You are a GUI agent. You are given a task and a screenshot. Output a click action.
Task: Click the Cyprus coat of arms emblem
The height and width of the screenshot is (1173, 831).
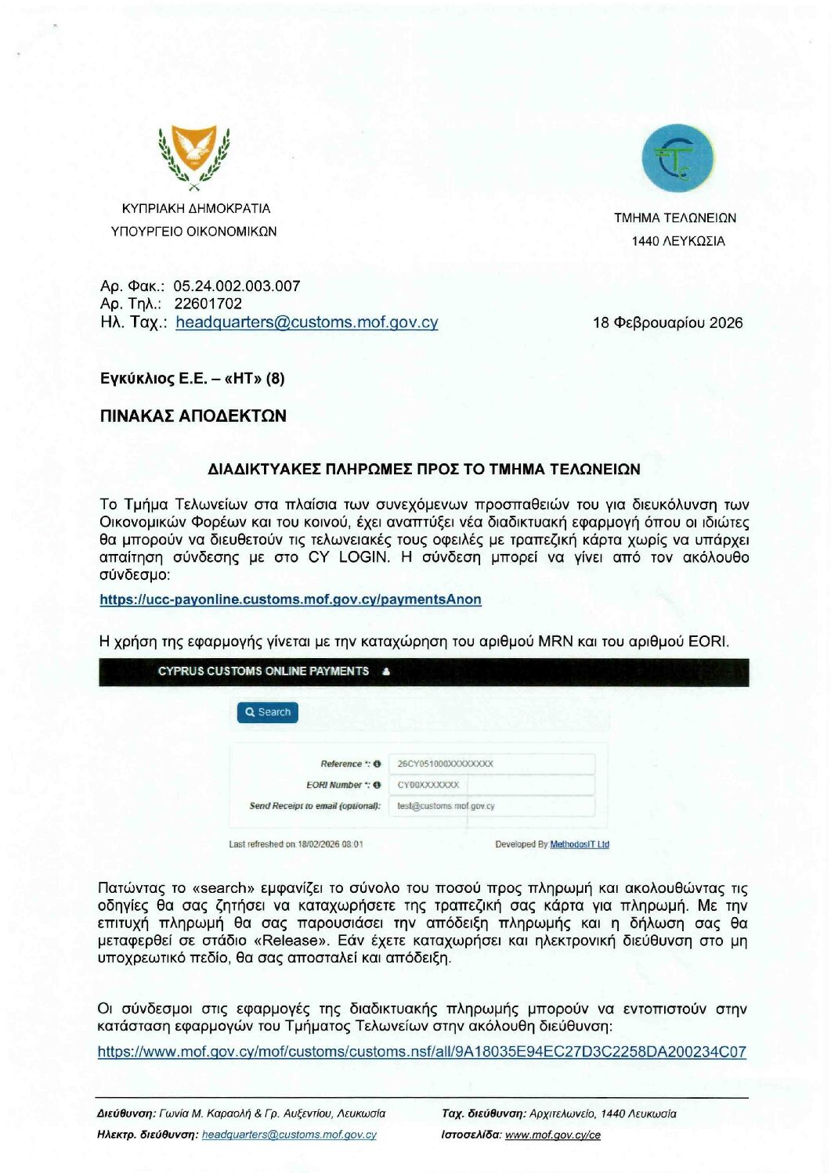tap(193, 157)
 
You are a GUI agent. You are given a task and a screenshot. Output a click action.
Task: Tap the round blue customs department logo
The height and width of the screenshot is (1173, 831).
tap(677, 158)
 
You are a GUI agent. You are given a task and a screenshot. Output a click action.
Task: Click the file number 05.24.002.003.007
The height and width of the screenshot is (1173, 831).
tap(237, 286)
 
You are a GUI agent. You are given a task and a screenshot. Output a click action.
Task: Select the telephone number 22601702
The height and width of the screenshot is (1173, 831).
tap(208, 304)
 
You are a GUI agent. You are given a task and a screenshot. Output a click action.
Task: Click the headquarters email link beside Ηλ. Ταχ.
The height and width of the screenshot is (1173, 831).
tap(306, 322)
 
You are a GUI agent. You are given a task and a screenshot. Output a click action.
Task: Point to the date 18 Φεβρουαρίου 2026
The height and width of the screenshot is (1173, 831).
tap(667, 322)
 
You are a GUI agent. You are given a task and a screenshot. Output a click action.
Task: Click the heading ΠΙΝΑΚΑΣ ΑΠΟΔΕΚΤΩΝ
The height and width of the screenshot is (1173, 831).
tap(193, 416)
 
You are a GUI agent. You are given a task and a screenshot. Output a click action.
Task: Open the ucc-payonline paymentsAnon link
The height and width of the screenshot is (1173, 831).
tap(291, 599)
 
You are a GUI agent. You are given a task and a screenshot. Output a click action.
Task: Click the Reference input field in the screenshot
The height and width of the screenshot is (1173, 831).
tap(491, 764)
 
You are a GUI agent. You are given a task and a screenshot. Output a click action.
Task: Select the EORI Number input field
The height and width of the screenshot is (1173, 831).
tap(491, 785)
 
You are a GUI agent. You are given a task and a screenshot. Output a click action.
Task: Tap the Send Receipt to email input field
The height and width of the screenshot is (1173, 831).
tap(491, 806)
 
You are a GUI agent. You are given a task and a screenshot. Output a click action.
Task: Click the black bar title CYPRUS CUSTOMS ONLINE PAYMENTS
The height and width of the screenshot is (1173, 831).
tap(263, 671)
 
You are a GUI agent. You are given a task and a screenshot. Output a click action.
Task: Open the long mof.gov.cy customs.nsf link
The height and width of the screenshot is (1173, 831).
tap(421, 1052)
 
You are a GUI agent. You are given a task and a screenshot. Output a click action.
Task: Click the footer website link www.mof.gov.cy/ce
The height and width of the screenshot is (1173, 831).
tap(553, 1135)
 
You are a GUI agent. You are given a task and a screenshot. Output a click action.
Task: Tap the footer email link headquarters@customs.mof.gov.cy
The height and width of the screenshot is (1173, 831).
tap(289, 1135)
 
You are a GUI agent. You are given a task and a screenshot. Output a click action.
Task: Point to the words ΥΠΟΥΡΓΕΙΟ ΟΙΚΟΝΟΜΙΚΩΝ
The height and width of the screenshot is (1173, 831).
tap(194, 232)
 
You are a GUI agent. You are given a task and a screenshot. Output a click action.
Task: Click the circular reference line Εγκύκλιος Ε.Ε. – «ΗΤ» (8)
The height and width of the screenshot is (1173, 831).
tap(193, 379)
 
